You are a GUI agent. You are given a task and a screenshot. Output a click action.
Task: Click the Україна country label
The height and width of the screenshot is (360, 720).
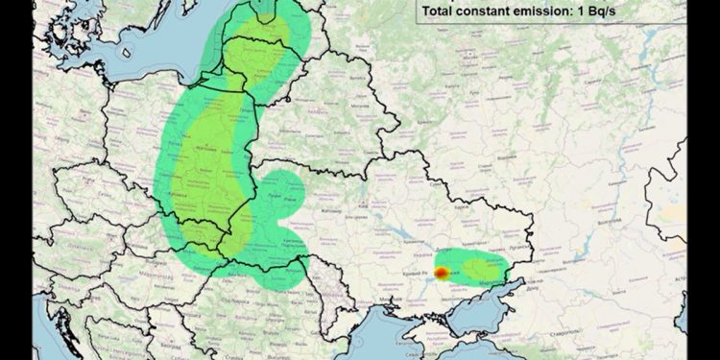[403, 256]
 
